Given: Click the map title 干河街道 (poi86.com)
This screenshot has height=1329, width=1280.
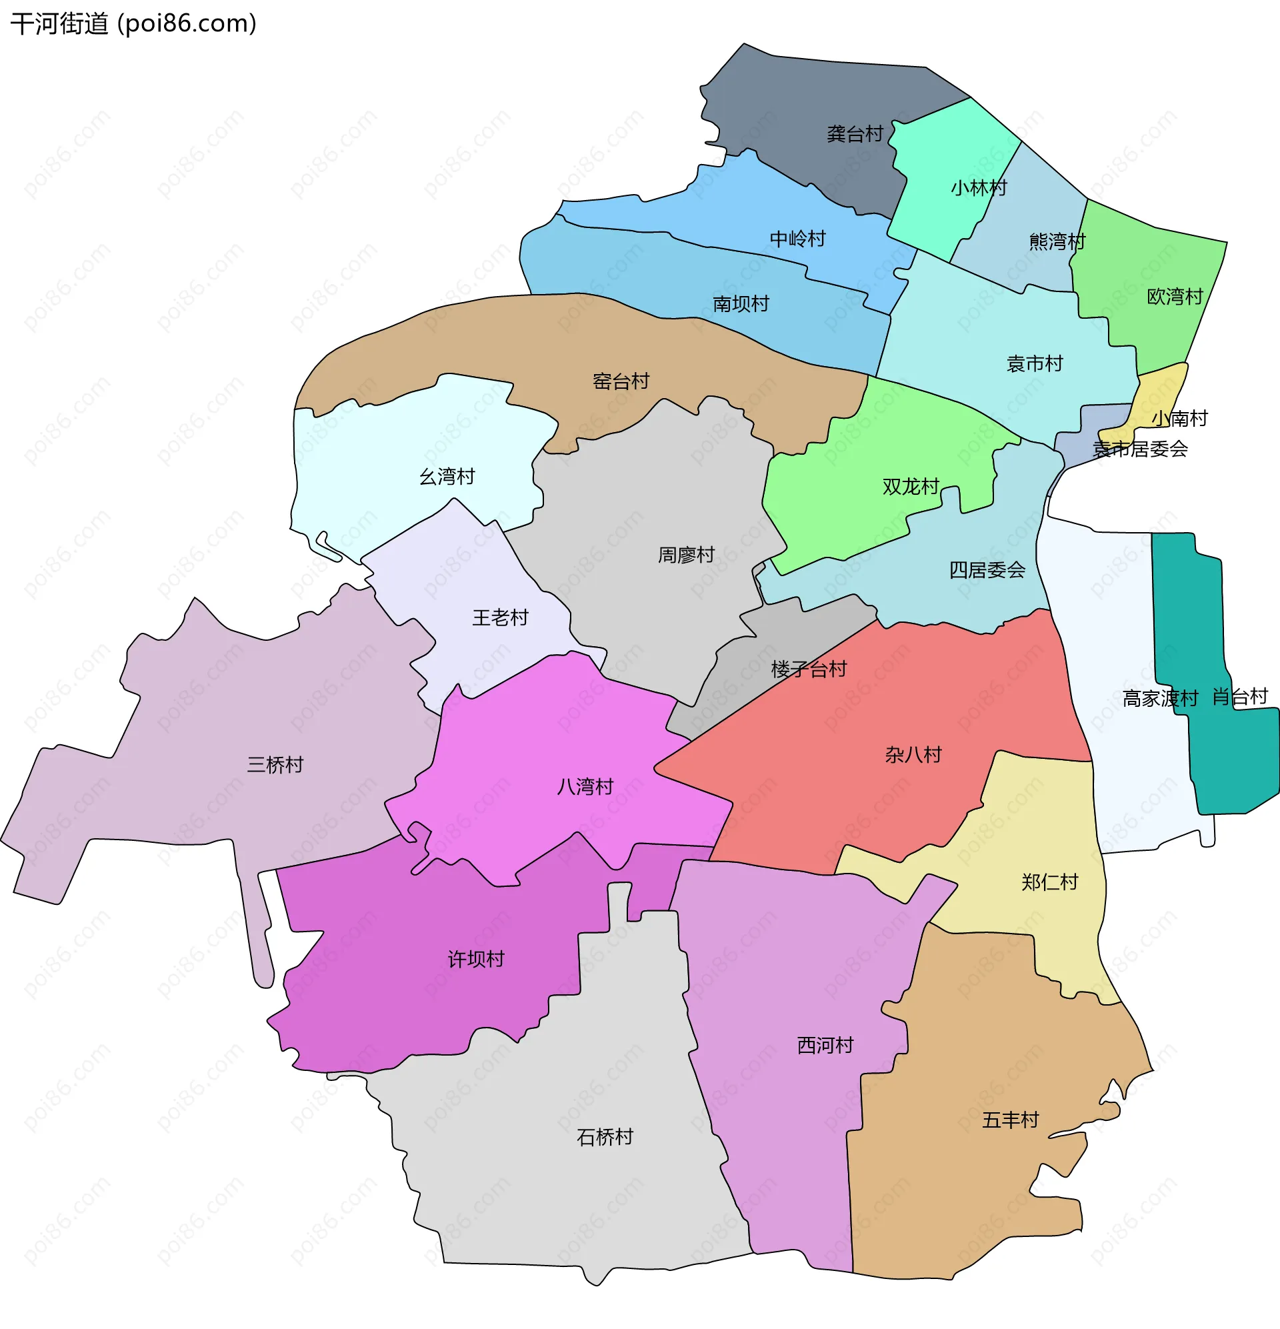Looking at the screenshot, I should click(x=133, y=24).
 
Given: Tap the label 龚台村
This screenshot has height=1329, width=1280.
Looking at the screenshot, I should click(x=854, y=133).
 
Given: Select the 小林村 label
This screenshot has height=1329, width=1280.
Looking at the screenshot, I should click(x=978, y=188).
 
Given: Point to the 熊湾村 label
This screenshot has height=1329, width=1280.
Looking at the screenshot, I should click(x=1056, y=241).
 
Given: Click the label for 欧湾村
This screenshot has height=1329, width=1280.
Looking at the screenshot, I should click(x=1174, y=296).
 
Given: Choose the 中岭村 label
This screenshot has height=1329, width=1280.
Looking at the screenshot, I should click(x=797, y=239).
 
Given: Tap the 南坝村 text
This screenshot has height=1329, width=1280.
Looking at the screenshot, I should click(x=741, y=304).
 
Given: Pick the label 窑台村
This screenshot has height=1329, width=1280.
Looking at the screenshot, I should click(x=621, y=381).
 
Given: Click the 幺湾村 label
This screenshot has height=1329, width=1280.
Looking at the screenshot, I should click(x=447, y=477).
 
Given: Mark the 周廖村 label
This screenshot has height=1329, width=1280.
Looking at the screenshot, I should click(x=686, y=555).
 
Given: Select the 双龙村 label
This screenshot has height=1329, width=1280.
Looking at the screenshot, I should click(x=910, y=486).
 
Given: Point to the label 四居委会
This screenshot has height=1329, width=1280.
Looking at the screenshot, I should click(x=987, y=569).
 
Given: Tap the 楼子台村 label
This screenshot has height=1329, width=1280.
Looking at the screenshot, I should click(x=809, y=670).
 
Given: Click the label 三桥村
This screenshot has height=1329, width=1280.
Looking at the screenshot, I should click(x=275, y=765).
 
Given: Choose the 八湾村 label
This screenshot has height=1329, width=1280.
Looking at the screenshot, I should click(x=585, y=787).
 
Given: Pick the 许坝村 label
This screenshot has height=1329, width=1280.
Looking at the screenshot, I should click(x=476, y=959).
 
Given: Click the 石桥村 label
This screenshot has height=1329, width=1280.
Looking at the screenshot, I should click(x=605, y=1137).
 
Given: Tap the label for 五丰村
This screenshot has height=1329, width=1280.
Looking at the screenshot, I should click(x=1010, y=1120).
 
